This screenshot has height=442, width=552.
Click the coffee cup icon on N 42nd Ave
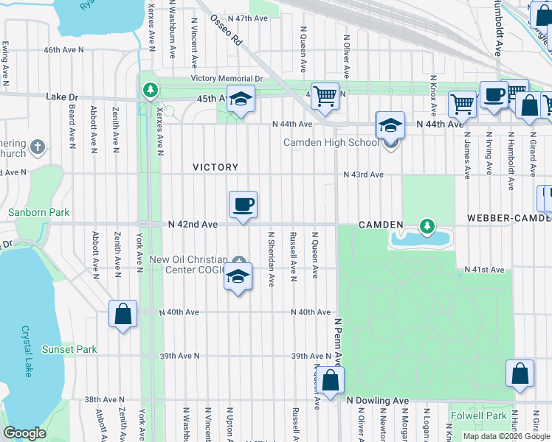pyautogui.click(x=243, y=205)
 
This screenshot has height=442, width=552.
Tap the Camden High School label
pyautogui.click(x=331, y=142)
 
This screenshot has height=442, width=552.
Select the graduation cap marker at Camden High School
pyautogui.click(x=390, y=125)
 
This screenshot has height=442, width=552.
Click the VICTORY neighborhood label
pyautogui.click(x=215, y=167)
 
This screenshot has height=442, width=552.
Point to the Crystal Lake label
pyautogui.click(x=27, y=351)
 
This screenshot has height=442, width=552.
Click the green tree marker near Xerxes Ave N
pyautogui.click(x=151, y=90)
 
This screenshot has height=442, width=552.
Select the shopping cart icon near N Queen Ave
pyautogui.click(x=324, y=95)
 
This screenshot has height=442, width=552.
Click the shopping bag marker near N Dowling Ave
pyautogui.click(x=331, y=381)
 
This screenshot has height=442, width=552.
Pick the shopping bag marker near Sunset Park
pyautogui.click(x=123, y=314)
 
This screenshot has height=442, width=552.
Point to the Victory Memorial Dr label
pyautogui.click(x=227, y=78)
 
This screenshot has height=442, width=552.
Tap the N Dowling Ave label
pyautogui.click(x=378, y=400)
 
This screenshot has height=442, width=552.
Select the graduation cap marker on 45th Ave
pyautogui.click(x=240, y=99)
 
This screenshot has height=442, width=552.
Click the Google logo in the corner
pyautogui.click(x=24, y=433)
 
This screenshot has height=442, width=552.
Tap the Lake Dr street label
pyautogui.click(x=61, y=97)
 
